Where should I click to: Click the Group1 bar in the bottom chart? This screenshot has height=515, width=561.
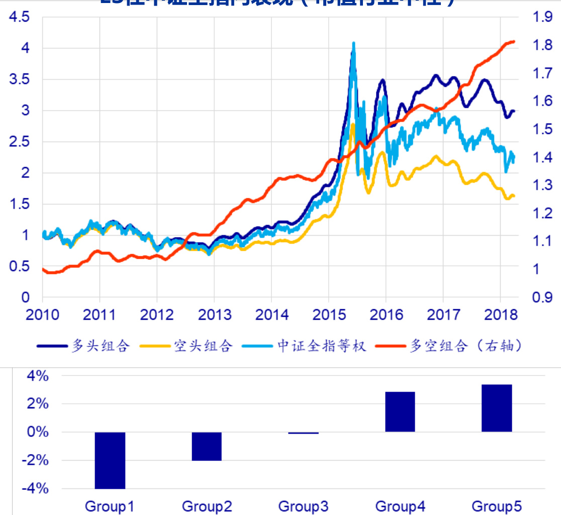click(110, 460)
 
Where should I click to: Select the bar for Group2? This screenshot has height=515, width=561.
click(207, 446)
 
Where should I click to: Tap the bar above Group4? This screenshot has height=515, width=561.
click(400, 411)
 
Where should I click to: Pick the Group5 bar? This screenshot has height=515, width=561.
click(497, 408)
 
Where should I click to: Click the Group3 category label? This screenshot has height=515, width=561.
click(303, 505)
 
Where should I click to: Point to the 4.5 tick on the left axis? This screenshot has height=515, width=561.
click(19, 18)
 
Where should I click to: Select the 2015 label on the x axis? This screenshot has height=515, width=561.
click(329, 315)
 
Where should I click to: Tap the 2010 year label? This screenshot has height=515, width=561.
click(42, 315)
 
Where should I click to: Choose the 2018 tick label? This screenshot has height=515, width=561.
click(501, 315)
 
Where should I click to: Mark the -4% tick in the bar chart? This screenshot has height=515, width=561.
click(35, 489)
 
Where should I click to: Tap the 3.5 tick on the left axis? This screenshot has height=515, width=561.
click(19, 80)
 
